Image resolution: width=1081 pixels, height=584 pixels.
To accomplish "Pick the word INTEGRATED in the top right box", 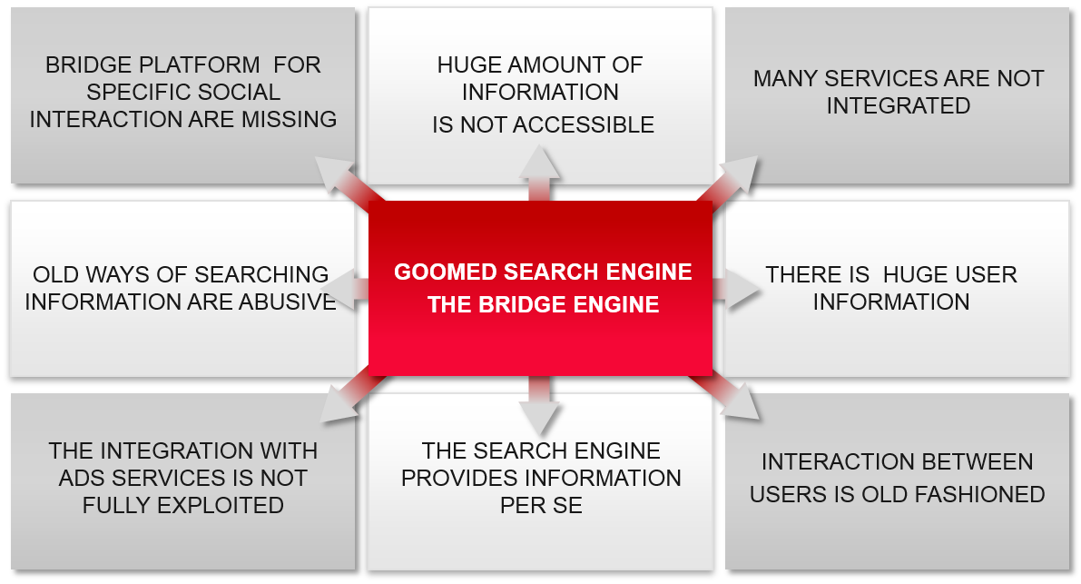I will tap(898, 105).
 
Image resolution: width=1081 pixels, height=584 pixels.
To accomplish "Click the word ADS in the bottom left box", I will tap(80, 478).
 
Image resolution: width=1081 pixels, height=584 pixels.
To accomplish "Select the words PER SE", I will tap(541, 505).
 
